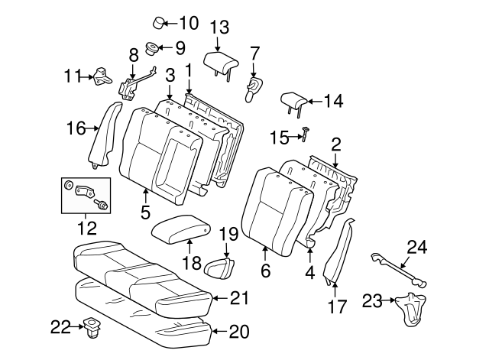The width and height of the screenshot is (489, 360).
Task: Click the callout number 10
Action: [x=188, y=22]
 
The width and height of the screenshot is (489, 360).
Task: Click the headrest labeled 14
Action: [x=293, y=102]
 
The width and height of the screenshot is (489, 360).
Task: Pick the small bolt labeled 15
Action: [x=303, y=135]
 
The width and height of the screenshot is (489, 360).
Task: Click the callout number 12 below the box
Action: [x=86, y=227]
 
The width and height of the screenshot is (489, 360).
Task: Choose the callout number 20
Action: [x=240, y=331]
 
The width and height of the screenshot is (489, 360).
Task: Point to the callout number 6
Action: [x=265, y=271]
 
